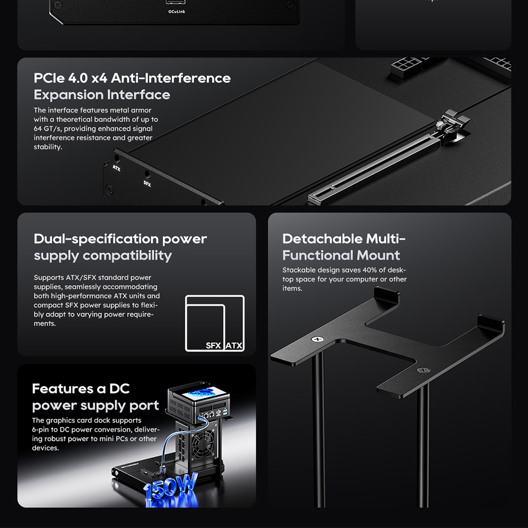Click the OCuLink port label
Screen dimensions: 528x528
176,12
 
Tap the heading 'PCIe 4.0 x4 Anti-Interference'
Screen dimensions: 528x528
132,78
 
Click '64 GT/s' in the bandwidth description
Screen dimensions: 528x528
47,129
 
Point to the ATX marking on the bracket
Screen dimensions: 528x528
117,168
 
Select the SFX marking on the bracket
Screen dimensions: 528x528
147,184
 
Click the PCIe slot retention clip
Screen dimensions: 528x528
452,126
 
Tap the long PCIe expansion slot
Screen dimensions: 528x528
374,168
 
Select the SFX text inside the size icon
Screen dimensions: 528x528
213,345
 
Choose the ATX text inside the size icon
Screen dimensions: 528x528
234,345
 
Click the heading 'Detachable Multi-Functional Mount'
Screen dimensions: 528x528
344,247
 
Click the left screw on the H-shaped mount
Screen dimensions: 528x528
317,339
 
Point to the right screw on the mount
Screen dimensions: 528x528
423,370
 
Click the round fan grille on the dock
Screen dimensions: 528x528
203,445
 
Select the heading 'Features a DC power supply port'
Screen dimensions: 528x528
95,397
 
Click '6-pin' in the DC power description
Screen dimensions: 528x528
40,430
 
